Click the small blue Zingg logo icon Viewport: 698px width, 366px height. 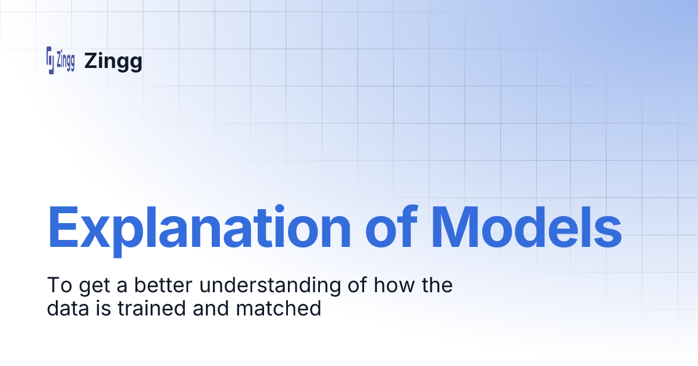[x=60, y=60]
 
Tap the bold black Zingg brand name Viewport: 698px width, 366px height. [x=113, y=61]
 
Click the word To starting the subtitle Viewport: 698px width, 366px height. [x=56, y=285]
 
